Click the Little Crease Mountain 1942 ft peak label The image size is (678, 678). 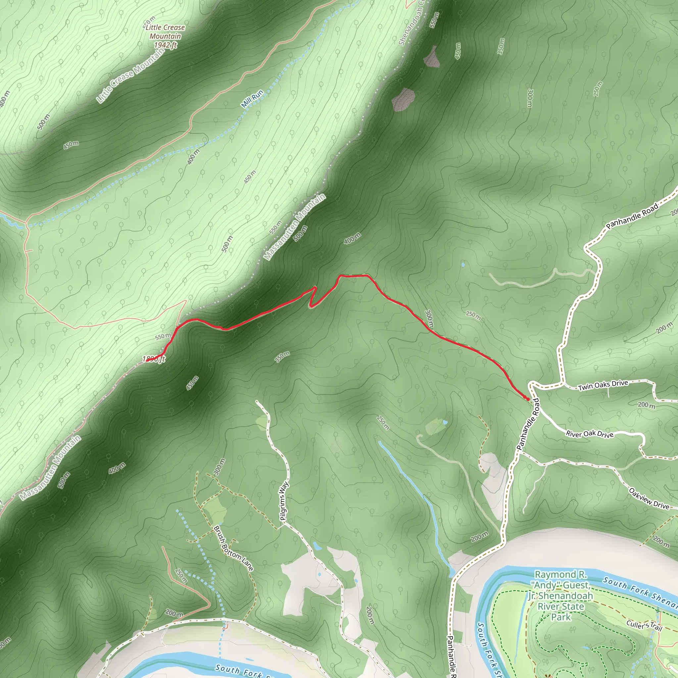pyautogui.click(x=165, y=36)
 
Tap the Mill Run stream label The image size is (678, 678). pyautogui.click(x=252, y=99)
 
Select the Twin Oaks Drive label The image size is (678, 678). pyautogui.click(x=603, y=385)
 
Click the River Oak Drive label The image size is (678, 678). pyautogui.click(x=590, y=434)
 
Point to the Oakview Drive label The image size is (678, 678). pyautogui.click(x=649, y=498)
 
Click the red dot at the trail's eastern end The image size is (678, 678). pyautogui.click(x=527, y=399)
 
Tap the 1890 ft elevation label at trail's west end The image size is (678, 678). pyautogui.click(x=153, y=359)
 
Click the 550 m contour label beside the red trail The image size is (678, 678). pyautogui.click(x=163, y=336)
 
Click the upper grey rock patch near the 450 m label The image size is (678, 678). pyautogui.click(x=431, y=57)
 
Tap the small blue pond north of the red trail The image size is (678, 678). pyautogui.click(x=463, y=264)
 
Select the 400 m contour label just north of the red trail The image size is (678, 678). pyautogui.click(x=352, y=239)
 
